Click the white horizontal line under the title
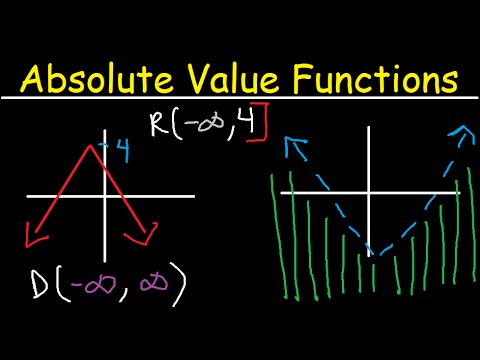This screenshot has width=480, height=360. [x=240, y=98]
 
